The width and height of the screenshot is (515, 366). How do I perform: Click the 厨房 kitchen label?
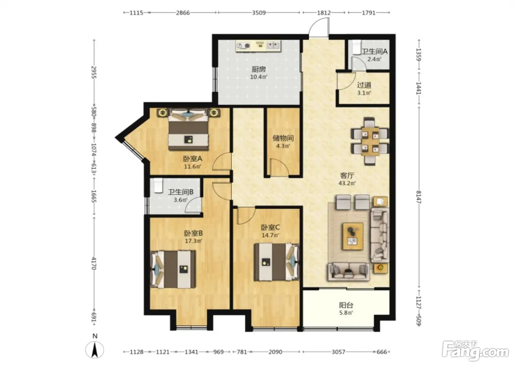pos(259,69)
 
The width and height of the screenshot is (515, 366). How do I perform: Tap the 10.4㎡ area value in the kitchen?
pos(259,77)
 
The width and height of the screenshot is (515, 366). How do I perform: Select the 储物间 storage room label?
pos(283,138)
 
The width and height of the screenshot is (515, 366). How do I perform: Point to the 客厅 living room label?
pos(347,176)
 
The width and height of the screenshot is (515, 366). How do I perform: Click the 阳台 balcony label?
pos(346,305)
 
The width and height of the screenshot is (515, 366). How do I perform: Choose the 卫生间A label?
pos(375,51)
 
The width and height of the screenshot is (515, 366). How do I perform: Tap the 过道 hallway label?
pos(364,85)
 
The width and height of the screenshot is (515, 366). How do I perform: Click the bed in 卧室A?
pos(188,130)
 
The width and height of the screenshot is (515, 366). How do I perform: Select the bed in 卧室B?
pos(173,269)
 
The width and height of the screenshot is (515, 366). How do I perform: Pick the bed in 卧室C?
pos(277,262)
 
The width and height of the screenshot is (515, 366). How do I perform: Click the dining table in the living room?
pos(370,141)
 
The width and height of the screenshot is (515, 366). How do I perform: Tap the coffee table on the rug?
pos(353,236)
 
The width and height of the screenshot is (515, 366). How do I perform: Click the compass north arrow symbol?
pos(95,350)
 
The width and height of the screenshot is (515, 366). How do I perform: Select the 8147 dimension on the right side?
pos(419,197)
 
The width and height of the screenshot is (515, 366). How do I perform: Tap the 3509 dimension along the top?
pos(259,12)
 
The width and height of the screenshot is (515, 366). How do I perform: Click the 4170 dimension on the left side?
pos(94,263)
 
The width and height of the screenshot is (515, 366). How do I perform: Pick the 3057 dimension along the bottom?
pos(338,352)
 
